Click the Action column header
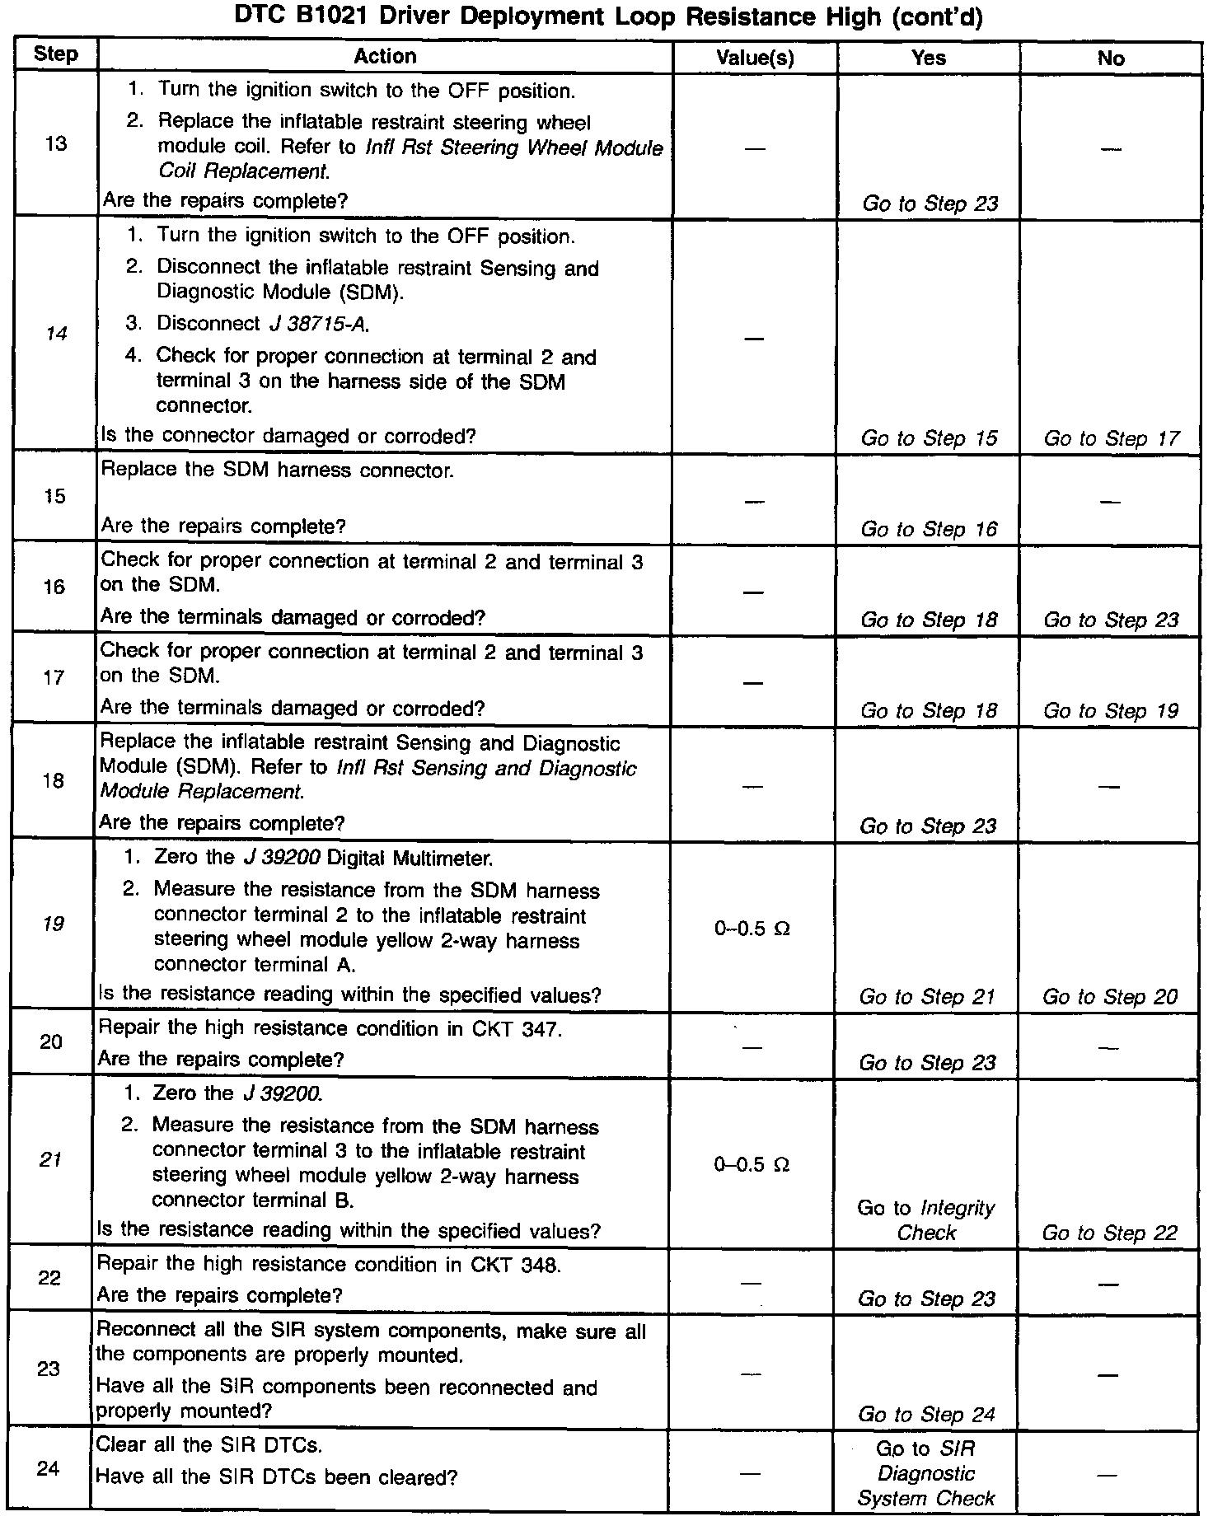click(385, 56)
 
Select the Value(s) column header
click(755, 58)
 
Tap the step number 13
click(56, 144)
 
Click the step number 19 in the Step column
click(53, 924)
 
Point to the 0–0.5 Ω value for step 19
click(752, 929)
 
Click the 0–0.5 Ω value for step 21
click(752, 1164)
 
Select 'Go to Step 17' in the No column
click(1111, 438)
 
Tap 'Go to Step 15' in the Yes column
click(929, 438)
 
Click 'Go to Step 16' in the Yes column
click(929, 529)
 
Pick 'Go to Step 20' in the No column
click(1110, 997)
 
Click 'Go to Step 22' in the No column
click(1109, 1233)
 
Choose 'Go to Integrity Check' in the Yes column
click(926, 1220)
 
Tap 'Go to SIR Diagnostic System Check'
click(926, 1473)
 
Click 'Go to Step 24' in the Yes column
click(926, 1414)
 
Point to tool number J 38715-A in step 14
click(318, 324)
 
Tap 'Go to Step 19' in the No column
click(1111, 710)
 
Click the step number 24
click(49, 1468)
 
